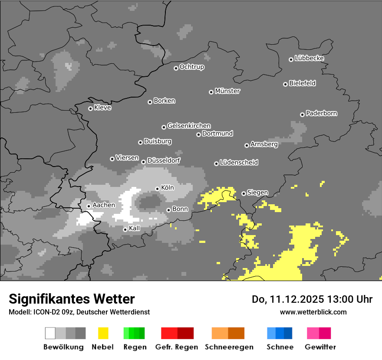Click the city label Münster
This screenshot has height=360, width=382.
[227, 91]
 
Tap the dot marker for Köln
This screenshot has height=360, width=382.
[157, 189]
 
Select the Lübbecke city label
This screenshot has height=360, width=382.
[309, 58]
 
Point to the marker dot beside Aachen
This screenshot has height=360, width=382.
[89, 206]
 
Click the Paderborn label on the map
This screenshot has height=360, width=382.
[321, 113]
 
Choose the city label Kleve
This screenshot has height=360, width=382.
[102, 108]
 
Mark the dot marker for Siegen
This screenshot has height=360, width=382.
[244, 193]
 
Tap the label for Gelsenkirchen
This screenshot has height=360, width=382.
[189, 126]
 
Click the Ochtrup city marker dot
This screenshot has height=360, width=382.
[176, 68]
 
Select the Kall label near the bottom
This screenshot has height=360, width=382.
[135, 228]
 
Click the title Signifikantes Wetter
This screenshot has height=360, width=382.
[72, 299]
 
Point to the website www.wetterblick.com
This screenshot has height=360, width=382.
[313, 312]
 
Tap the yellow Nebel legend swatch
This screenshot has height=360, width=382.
[103, 333]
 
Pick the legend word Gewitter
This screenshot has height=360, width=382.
[320, 347]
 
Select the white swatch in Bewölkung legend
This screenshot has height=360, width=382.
[50, 333]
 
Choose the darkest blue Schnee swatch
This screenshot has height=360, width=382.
[288, 333]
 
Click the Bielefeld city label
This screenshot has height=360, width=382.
[302, 83]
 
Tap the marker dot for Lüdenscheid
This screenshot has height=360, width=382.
[216, 164]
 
